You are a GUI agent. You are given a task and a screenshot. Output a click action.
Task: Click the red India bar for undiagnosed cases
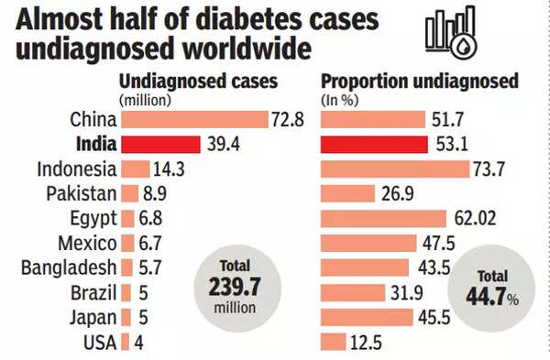click(160, 144)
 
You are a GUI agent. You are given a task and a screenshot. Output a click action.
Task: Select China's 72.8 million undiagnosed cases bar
click(180, 119)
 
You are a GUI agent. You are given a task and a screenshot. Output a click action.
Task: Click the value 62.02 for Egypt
click(475, 218)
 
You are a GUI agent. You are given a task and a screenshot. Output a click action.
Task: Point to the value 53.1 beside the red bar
click(451, 144)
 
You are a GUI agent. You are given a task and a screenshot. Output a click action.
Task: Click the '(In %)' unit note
click(338, 99)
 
